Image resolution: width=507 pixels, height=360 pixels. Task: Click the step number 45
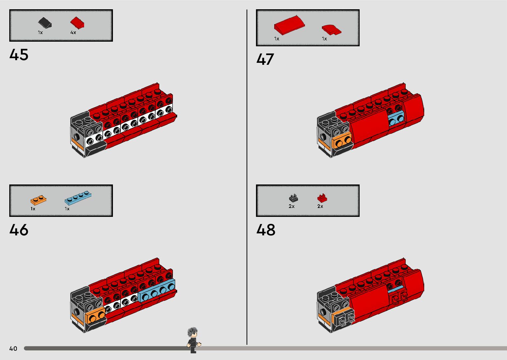point(19,55)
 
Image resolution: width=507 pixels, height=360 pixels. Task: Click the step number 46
point(19,230)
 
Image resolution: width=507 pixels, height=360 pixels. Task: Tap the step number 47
point(265,60)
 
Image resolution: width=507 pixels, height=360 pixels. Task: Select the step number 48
point(266,230)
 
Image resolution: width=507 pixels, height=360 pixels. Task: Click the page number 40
point(13,348)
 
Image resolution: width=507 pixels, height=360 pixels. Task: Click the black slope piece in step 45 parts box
point(45,23)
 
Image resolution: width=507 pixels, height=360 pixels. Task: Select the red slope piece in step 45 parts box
point(77,22)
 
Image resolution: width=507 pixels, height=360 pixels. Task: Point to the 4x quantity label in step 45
point(73,33)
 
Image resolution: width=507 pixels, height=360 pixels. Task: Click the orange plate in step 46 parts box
point(38,200)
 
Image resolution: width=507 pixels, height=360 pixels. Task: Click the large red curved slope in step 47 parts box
point(289,25)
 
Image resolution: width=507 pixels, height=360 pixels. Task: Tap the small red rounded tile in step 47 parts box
point(331,29)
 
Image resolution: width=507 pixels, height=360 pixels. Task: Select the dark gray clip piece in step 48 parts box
point(293,198)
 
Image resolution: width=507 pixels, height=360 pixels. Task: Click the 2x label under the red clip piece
point(320,206)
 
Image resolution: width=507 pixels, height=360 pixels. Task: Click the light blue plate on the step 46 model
point(156,291)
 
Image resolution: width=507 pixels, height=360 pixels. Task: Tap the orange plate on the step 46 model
point(95,316)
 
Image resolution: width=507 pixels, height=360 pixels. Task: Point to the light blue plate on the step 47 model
point(396,118)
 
